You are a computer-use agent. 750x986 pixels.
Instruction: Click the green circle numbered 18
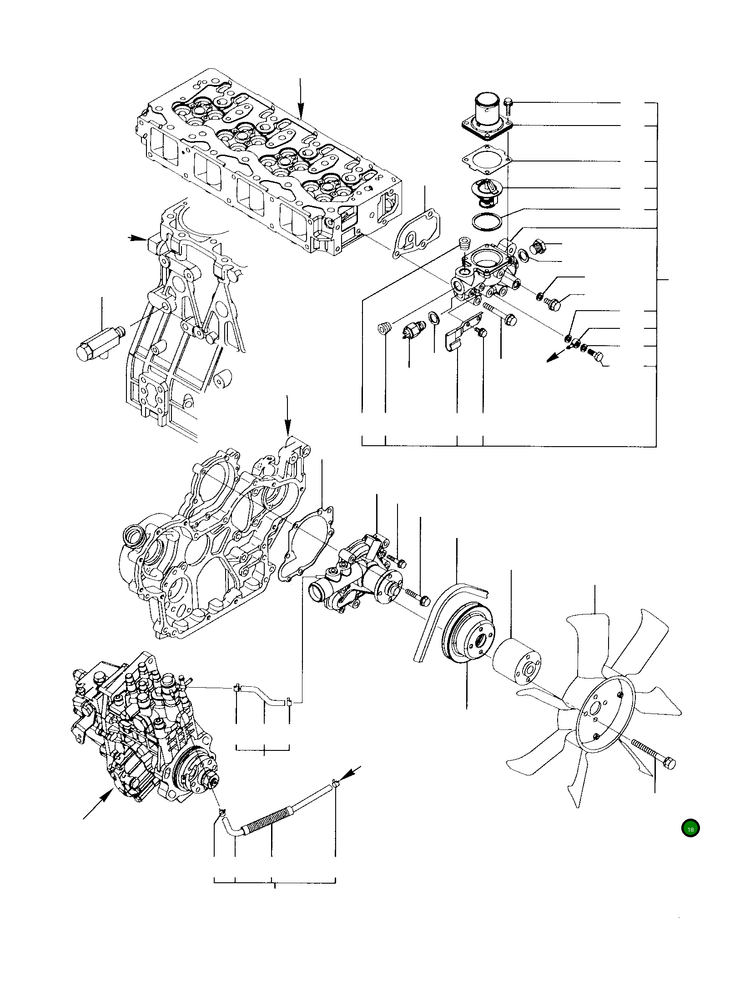(x=690, y=829)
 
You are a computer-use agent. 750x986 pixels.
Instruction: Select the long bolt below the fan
(x=653, y=755)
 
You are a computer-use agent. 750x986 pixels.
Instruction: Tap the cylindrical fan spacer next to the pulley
(x=517, y=664)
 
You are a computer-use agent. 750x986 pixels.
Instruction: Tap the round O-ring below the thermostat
(x=487, y=222)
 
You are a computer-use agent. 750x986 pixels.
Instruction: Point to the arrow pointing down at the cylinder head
(x=300, y=98)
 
